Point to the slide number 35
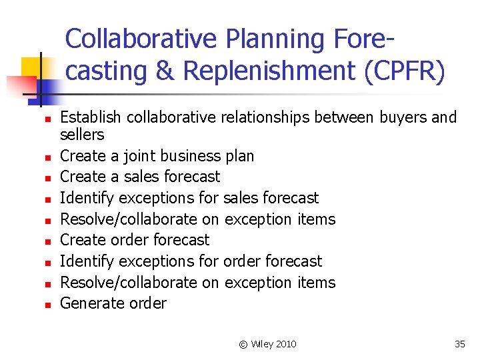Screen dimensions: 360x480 click(x=459, y=344)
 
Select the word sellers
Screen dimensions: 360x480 click(x=82, y=135)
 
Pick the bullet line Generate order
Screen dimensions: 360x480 click(x=113, y=303)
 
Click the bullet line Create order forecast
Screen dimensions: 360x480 click(x=135, y=240)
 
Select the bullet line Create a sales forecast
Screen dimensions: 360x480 click(x=140, y=177)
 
